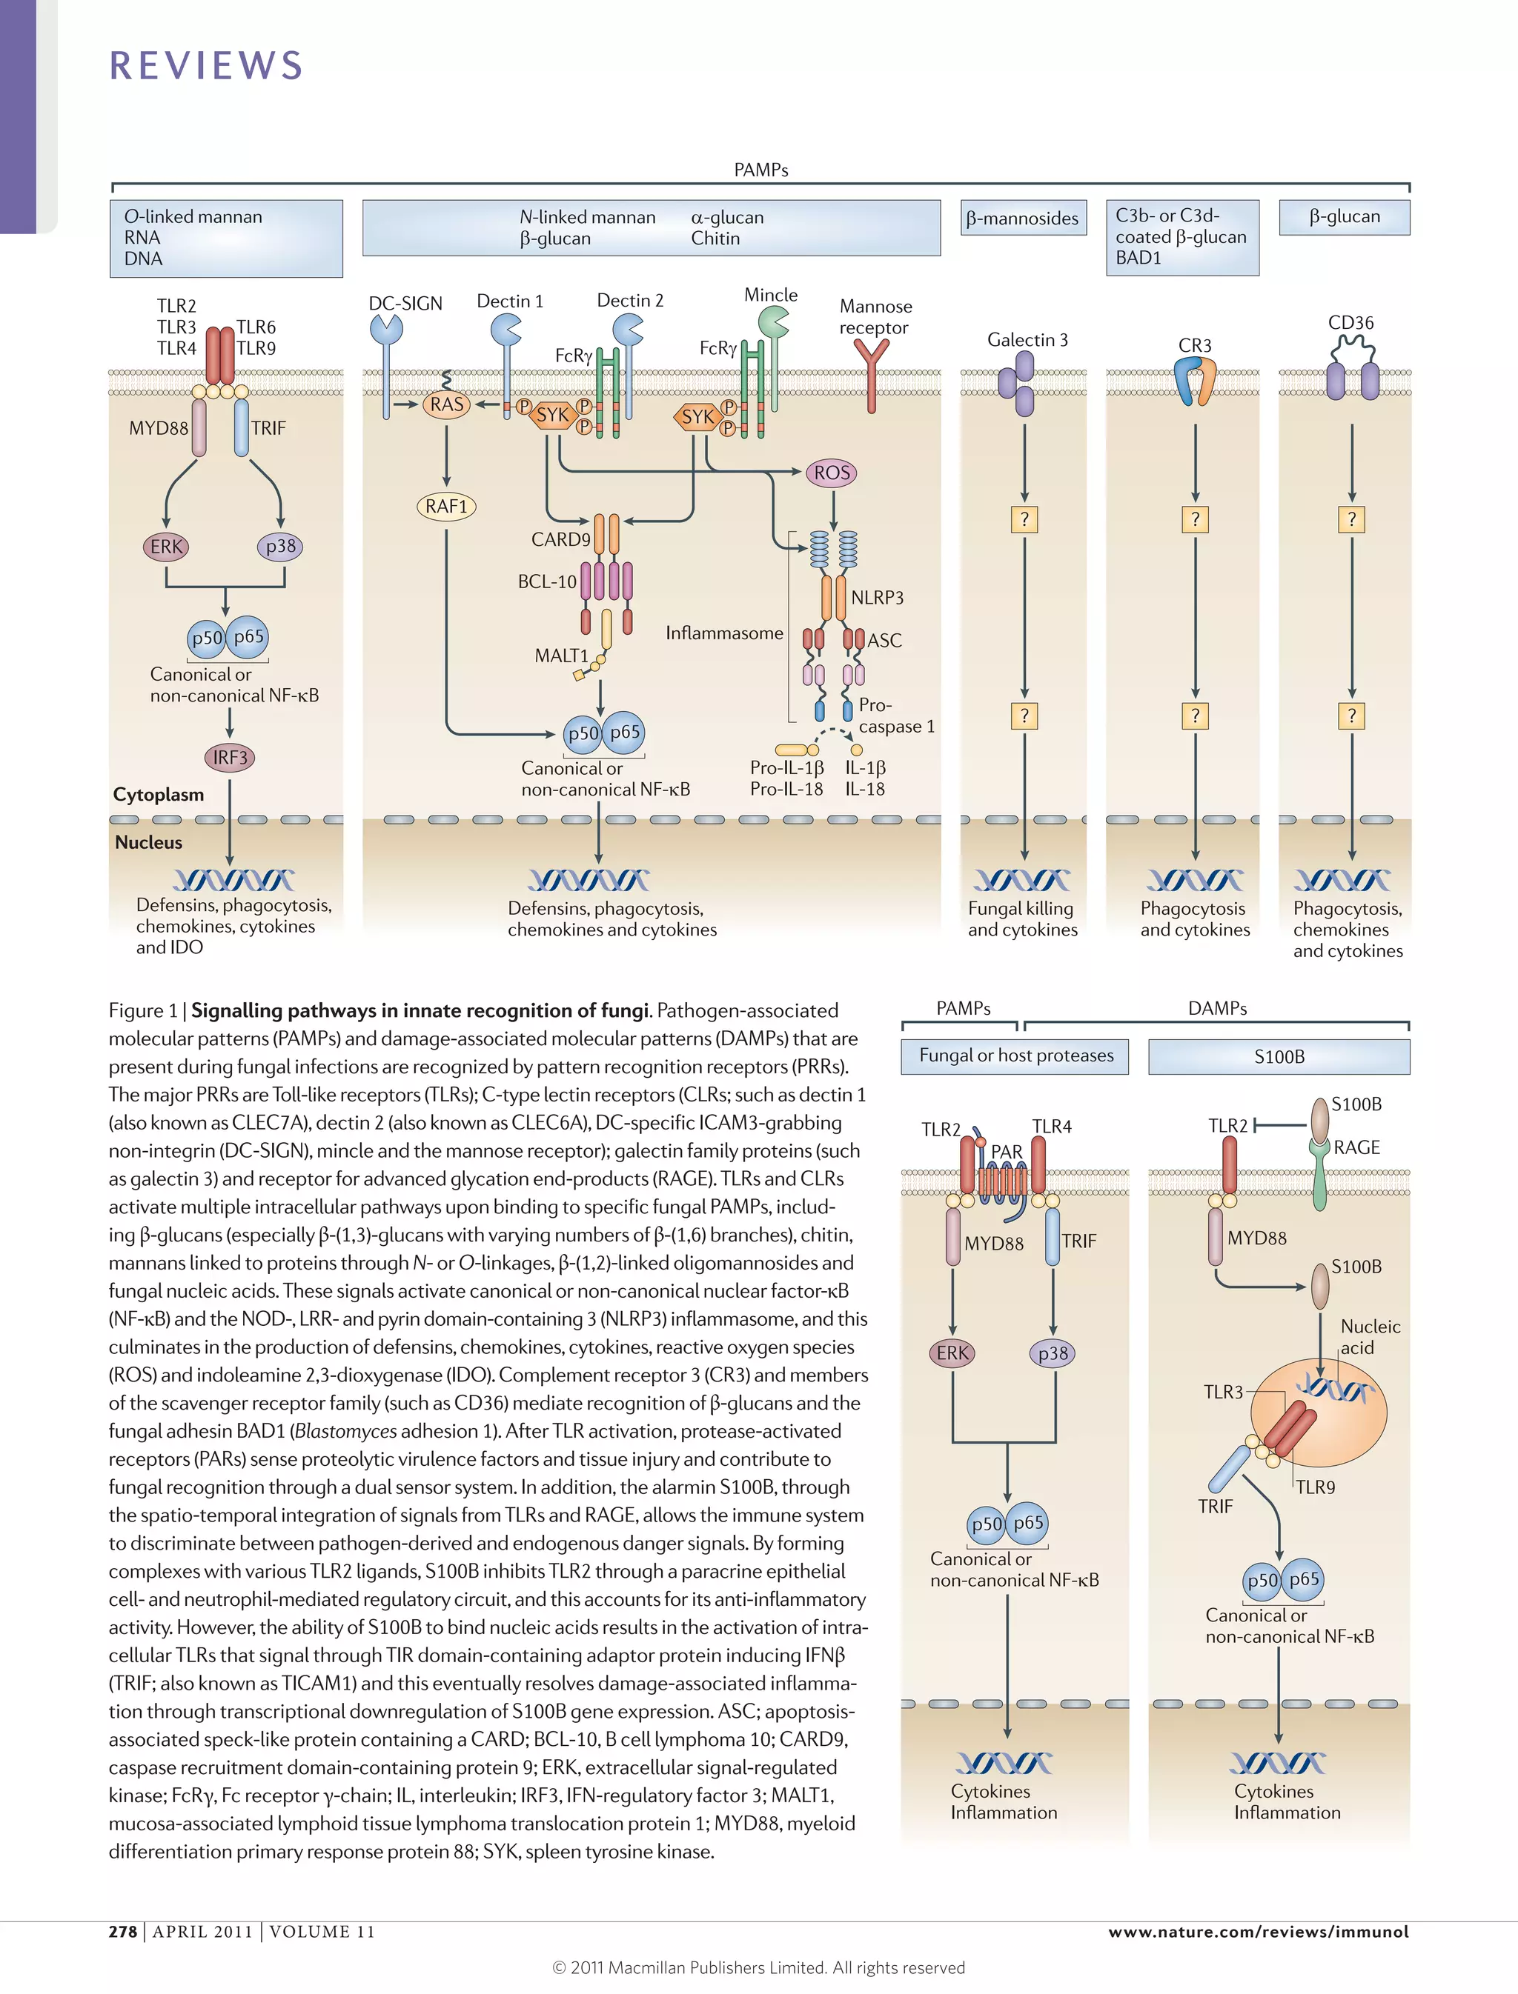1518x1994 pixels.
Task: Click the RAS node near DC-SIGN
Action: click(446, 404)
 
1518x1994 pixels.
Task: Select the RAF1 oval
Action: click(446, 507)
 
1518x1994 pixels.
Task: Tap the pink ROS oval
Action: click(832, 473)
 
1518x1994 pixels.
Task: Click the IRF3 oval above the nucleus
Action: click(230, 758)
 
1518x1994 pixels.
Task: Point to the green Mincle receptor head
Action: click(772, 321)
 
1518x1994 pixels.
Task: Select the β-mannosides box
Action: click(1022, 219)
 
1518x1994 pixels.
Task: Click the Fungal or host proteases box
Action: click(1015, 1056)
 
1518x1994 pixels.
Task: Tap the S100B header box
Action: click(1279, 1056)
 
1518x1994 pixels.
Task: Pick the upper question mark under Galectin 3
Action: click(1024, 519)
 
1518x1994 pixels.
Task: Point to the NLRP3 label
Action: click(876, 598)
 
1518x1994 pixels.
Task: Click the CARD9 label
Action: click(560, 539)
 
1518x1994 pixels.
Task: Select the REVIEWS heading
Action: click(206, 66)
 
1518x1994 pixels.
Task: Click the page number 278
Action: click(123, 1932)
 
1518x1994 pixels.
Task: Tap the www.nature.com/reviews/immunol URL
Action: click(1258, 1932)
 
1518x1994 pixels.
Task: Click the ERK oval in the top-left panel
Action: click(166, 547)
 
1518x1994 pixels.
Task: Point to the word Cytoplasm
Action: click(158, 795)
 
